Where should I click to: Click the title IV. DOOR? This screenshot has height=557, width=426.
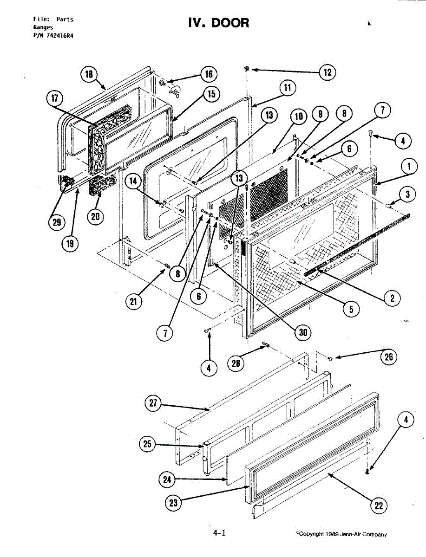pyautogui.click(x=218, y=23)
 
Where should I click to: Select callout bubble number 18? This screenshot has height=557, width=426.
pyautogui.click(x=88, y=74)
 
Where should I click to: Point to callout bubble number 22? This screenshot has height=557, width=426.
pyautogui.click(x=379, y=505)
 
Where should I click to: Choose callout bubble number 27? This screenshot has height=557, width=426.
pyautogui.click(x=153, y=405)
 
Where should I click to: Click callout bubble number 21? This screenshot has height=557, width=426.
pyautogui.click(x=134, y=302)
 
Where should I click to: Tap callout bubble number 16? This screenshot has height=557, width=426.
pyautogui.click(x=209, y=74)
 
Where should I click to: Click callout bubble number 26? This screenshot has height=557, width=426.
pyautogui.click(x=388, y=356)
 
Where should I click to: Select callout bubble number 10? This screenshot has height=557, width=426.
pyautogui.click(x=299, y=116)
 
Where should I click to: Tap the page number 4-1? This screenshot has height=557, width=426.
pyautogui.click(x=219, y=533)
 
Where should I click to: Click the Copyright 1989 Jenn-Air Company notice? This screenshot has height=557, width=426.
pyautogui.click(x=341, y=534)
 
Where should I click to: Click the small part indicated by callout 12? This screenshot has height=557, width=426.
pyautogui.click(x=247, y=69)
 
